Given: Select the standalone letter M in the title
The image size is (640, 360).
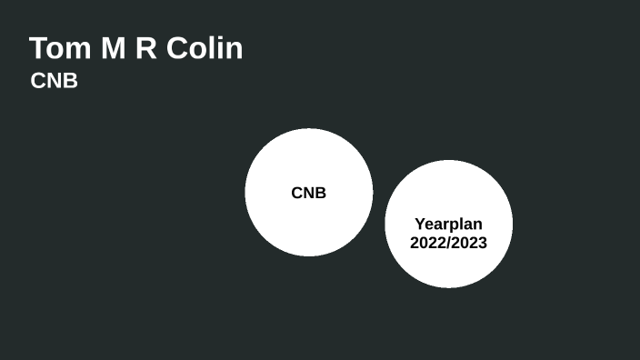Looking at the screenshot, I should point(112,48).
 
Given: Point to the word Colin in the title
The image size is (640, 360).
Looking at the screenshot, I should point(205,48).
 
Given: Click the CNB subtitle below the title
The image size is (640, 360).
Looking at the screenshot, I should point(55,81).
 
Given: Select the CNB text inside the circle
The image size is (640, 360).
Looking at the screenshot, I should point(308,193).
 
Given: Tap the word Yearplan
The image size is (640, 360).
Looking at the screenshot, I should point(448,224).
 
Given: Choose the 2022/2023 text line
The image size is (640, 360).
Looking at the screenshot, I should point(448,243).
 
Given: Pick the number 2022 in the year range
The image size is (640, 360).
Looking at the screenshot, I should point(426,243).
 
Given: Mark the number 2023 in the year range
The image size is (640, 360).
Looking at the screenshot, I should point(471,243).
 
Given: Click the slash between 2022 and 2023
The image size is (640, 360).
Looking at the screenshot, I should point(449,243).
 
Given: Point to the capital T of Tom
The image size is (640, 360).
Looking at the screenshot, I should point(38,48).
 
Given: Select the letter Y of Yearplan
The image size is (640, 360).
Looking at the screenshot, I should point(419,224).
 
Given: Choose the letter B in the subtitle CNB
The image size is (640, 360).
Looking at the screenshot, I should point(71,81).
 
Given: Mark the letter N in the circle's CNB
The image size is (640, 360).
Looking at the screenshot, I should point(308,193).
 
